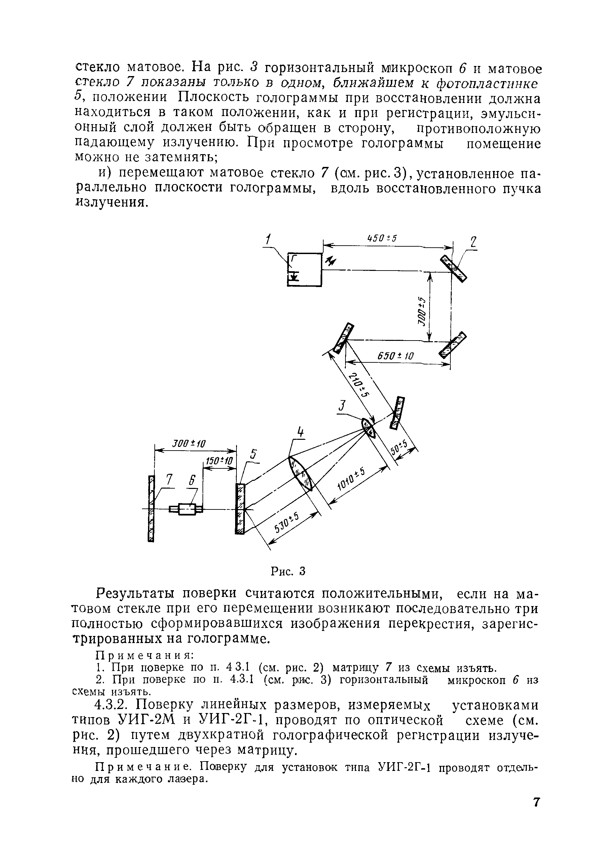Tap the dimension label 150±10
click(x=219, y=461)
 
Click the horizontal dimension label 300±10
click(x=189, y=444)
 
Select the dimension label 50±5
click(x=399, y=448)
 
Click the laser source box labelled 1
click(x=304, y=270)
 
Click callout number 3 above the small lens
click(x=342, y=406)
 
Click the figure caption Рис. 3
click(x=288, y=571)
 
